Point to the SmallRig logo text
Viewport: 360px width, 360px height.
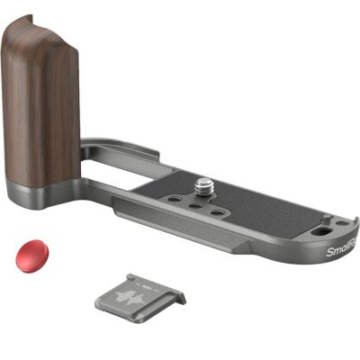341,248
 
